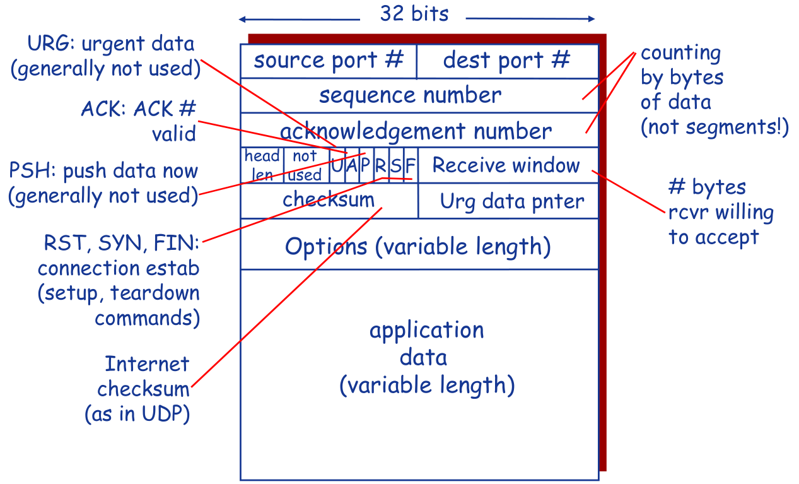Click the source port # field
(x=328, y=61)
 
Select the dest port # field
(x=507, y=61)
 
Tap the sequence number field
(x=410, y=96)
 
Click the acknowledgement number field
(x=416, y=131)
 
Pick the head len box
(x=262, y=165)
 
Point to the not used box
(x=305, y=165)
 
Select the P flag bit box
(x=366, y=167)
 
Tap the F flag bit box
(x=411, y=167)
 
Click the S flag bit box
(x=396, y=167)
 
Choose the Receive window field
(x=506, y=165)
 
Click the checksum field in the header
(x=329, y=200)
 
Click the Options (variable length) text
(x=417, y=245)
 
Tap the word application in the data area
(x=426, y=330)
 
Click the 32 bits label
(x=414, y=14)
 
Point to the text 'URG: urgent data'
(x=110, y=44)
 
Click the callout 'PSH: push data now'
(x=103, y=171)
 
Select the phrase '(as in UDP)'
(x=137, y=415)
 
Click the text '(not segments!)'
(x=714, y=127)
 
